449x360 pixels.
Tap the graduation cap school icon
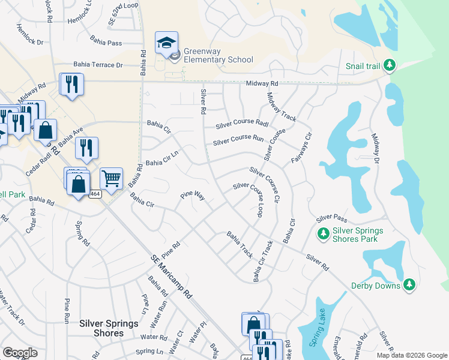[166, 42]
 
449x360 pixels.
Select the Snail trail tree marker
[390, 65]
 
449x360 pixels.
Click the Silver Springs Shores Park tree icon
[323, 233]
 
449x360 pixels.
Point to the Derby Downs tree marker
[409, 284]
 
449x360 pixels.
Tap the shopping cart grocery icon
[111, 178]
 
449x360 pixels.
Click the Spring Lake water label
[312, 333]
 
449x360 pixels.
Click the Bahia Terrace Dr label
[98, 64]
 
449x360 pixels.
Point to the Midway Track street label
[282, 107]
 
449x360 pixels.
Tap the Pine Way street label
[193, 196]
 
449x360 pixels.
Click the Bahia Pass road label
[106, 43]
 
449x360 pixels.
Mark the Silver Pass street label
[332, 218]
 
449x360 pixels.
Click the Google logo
[20, 352]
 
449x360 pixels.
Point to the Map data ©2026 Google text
[412, 355]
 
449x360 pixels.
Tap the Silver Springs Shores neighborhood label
[109, 328]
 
